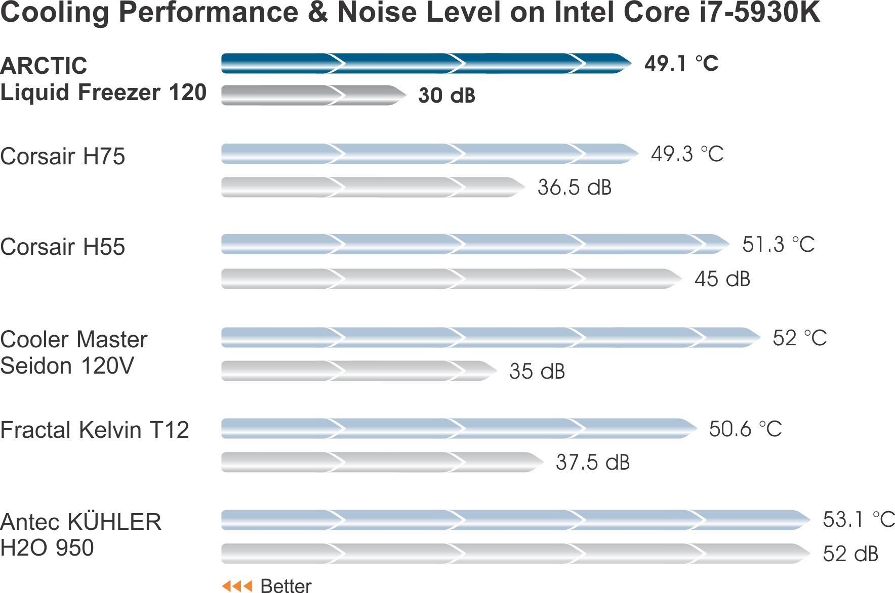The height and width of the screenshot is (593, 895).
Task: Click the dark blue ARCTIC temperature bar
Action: pos(425,63)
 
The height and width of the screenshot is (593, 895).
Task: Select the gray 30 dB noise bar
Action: pos(313,95)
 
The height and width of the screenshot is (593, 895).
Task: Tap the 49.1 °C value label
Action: pos(681,64)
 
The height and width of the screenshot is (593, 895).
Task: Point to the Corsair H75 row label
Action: pos(63,156)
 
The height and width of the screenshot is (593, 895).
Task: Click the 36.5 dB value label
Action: pos(575,188)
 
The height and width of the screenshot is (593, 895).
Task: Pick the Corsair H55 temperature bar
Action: pos(475,244)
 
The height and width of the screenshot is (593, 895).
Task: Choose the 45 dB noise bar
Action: pos(451,279)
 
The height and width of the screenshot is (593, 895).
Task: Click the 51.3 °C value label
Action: pos(778,245)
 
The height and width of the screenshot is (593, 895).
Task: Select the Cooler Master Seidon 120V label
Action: pos(74,352)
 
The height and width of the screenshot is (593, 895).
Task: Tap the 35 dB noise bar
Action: pos(358,371)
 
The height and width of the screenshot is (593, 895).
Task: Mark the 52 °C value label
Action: pos(799,338)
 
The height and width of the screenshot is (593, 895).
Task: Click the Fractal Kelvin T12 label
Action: pos(95,430)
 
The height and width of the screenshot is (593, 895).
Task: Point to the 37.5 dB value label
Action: pos(592,463)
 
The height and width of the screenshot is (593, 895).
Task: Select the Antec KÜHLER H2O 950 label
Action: pos(81,535)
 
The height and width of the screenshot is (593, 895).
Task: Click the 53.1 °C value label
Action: pos(858,520)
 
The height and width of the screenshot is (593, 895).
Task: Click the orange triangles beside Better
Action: pos(237,586)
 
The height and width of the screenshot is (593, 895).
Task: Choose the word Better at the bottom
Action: pos(286,586)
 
